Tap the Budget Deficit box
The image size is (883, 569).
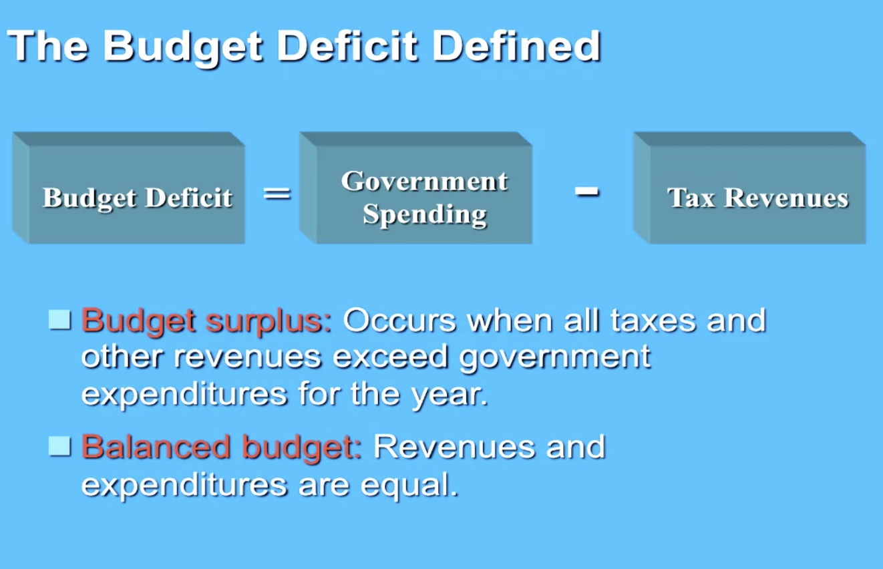coord(128,188)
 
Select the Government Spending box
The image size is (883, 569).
coord(416,188)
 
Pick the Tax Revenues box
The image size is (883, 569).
coord(750,188)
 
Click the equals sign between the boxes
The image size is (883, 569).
coord(277,194)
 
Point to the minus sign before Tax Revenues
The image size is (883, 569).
coord(586,192)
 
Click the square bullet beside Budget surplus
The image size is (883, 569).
coord(60,319)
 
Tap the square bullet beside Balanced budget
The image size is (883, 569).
coord(60,446)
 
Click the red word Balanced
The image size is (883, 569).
coord(156,447)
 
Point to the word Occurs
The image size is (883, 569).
coord(399,321)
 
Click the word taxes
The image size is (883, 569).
coord(653,321)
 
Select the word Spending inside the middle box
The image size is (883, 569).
coord(425,215)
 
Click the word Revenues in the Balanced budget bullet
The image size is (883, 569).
coord(454,447)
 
